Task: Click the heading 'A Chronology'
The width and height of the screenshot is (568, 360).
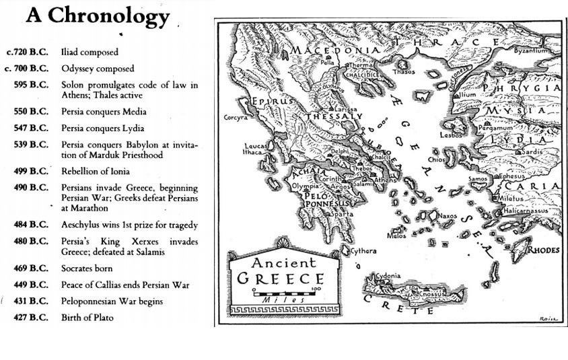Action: [97, 17]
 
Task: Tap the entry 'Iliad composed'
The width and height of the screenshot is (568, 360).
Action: [90, 52]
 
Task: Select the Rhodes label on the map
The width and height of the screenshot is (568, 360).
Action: [543, 250]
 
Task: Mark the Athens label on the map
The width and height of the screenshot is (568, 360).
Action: [386, 180]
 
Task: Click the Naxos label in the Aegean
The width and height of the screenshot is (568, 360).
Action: [448, 216]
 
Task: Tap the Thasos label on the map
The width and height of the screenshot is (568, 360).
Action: [404, 71]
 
